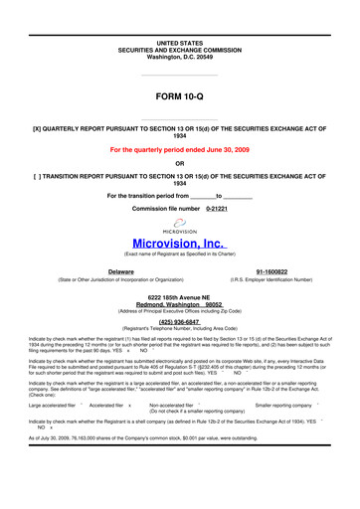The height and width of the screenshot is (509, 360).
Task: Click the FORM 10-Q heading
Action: tap(179, 96)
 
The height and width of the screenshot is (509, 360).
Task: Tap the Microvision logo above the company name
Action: tap(179, 225)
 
